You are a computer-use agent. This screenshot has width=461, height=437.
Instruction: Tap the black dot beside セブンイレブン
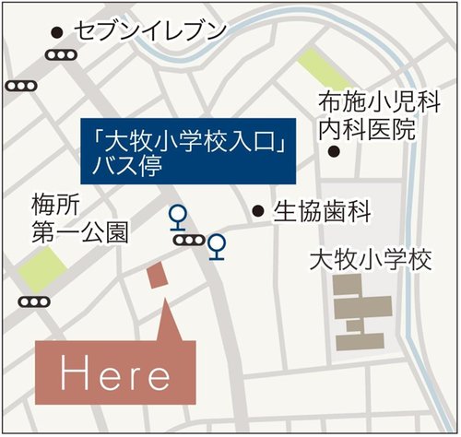(x=58, y=32)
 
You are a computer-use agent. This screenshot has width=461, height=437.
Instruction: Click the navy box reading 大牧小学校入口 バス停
(x=189, y=149)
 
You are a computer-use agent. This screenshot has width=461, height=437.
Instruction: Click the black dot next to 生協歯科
(x=259, y=211)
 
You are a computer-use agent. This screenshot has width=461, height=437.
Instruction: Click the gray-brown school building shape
(x=361, y=312)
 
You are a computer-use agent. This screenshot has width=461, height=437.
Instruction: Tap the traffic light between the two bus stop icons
(x=190, y=241)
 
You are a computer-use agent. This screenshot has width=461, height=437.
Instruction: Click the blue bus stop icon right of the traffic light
(x=218, y=247)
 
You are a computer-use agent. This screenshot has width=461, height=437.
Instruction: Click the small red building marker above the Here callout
(x=158, y=278)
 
